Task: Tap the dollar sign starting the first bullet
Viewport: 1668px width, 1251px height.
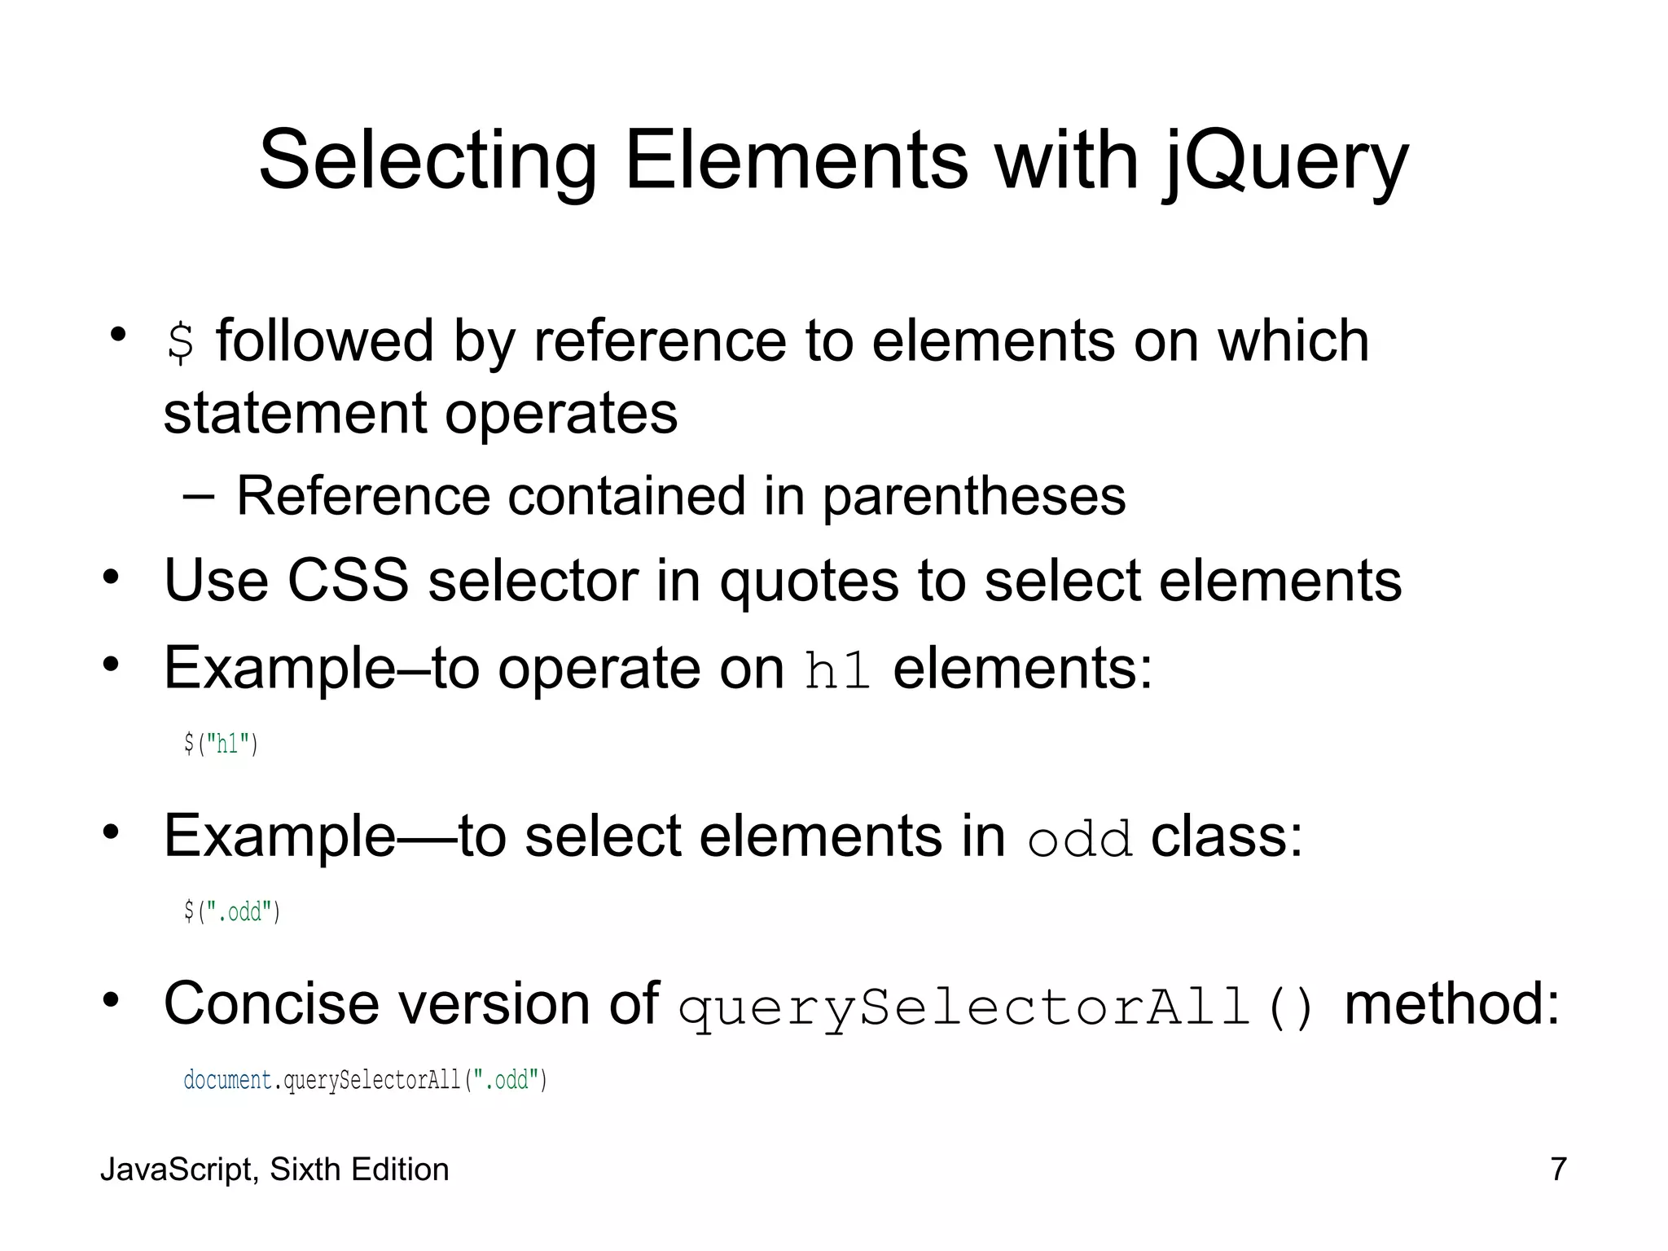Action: [180, 342]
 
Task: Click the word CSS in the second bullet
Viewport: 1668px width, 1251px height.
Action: [348, 581]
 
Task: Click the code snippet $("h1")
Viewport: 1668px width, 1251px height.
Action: [221, 744]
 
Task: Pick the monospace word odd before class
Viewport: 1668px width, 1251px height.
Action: [1080, 839]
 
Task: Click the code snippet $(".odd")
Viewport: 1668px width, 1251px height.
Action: [232, 911]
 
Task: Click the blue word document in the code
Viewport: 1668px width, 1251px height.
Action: [227, 1080]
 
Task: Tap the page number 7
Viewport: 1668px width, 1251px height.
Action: [1558, 1169]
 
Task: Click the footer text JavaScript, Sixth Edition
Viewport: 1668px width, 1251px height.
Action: [274, 1170]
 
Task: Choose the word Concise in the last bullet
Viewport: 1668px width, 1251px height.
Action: [271, 1003]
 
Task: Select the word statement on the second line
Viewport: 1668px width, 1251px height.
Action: [294, 413]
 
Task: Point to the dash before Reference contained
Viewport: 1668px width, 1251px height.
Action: [199, 496]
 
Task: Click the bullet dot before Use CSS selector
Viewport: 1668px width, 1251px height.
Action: [112, 578]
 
